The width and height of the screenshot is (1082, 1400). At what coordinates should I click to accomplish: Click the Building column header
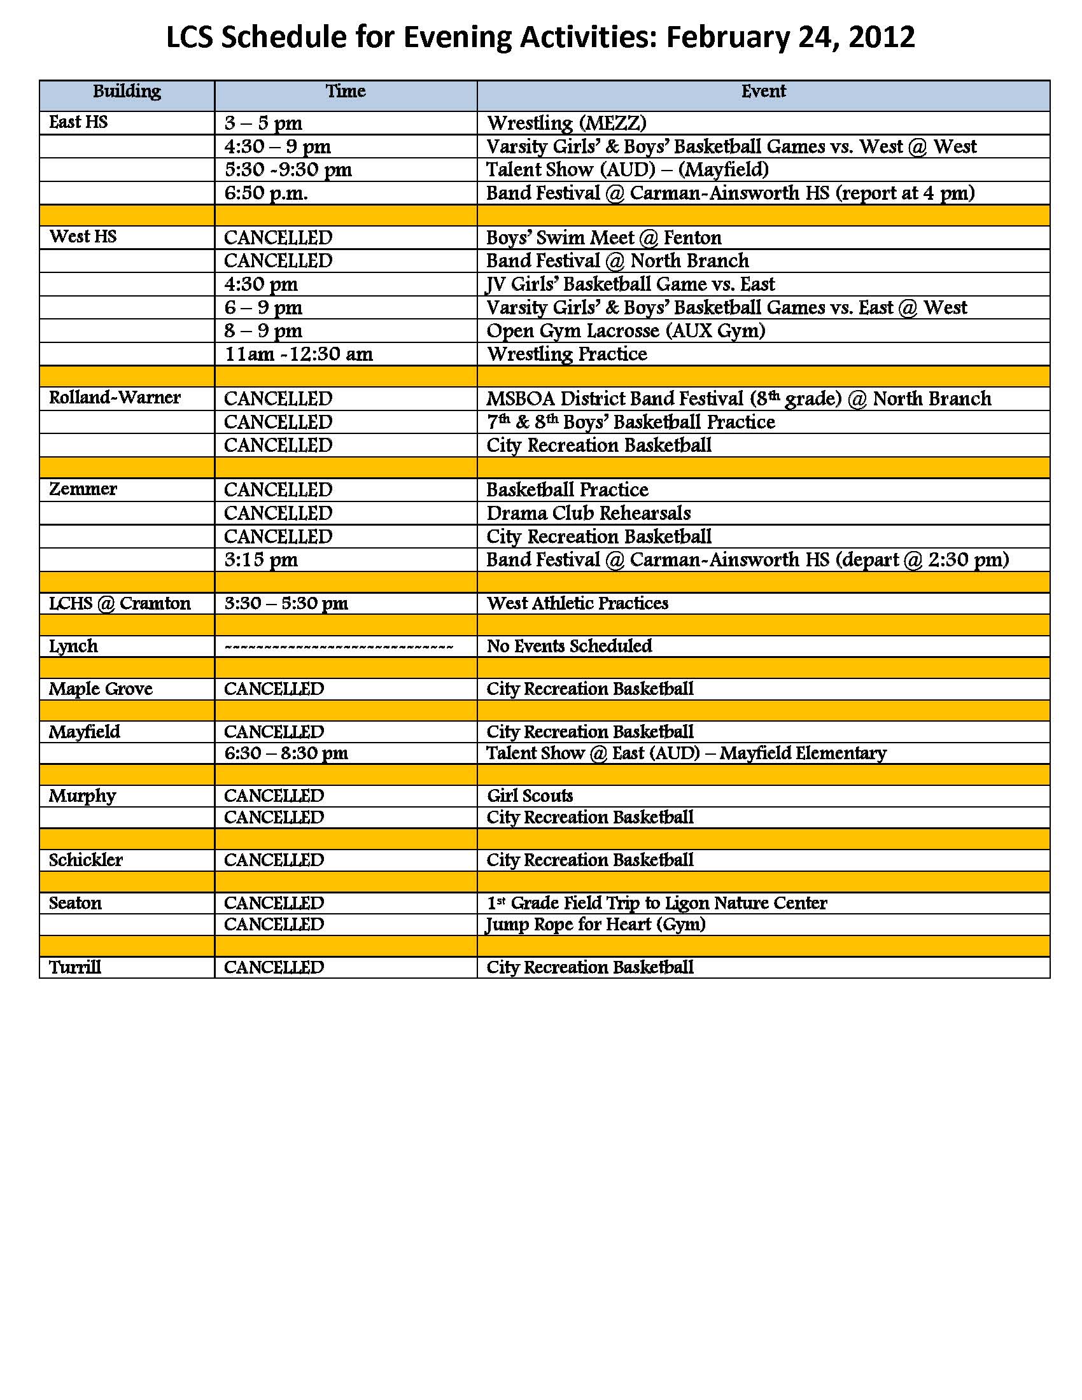coord(127,92)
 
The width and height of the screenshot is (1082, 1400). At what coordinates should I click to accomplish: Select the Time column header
coord(346,92)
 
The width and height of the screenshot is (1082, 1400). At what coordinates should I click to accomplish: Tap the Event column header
coord(762,92)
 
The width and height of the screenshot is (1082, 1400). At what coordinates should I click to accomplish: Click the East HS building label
coord(78,122)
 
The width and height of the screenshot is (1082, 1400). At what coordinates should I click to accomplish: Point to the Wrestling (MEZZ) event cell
coord(566,123)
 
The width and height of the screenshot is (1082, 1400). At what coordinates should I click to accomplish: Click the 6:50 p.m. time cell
coord(266,193)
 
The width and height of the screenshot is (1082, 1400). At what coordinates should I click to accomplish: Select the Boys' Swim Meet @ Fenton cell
coord(604,238)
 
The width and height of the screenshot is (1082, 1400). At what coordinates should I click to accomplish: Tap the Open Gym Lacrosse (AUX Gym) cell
coord(626,331)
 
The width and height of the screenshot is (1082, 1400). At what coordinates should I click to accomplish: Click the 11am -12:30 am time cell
coord(299,354)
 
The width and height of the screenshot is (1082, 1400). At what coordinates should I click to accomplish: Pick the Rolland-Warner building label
coord(115,398)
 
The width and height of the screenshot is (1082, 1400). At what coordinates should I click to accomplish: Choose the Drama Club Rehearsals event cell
coord(589,514)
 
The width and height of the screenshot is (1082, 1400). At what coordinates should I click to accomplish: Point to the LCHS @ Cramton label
coord(120,603)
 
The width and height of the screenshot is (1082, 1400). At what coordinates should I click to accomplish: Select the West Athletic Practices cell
coord(577,603)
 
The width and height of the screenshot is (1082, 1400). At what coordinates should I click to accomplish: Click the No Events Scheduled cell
coord(569,646)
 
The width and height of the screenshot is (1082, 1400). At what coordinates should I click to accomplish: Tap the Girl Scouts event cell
coord(530,796)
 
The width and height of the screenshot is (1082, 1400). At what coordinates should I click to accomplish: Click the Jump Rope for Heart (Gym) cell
coord(596,925)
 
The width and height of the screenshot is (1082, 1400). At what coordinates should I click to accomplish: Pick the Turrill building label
coord(75,967)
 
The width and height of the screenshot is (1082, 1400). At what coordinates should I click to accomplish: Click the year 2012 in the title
coord(882,37)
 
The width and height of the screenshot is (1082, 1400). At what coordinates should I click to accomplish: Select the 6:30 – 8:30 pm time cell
coord(286,753)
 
